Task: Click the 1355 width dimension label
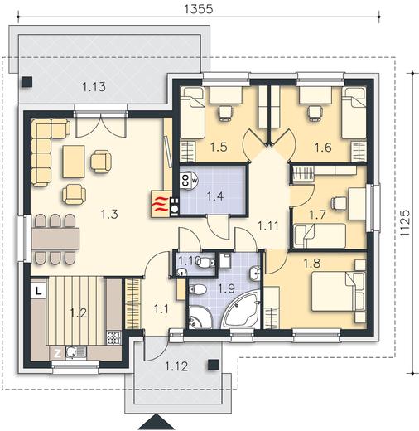(199, 9)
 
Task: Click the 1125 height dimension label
(405, 223)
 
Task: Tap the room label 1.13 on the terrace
(94, 87)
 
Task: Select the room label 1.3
(109, 214)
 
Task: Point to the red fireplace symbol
(161, 205)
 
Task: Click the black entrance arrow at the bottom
(157, 422)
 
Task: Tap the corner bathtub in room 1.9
(243, 310)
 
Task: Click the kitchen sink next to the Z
(71, 352)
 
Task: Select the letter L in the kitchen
(39, 291)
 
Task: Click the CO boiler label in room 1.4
(185, 180)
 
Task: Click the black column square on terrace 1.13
(27, 82)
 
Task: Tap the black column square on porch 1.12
(214, 365)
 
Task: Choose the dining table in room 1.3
(55, 238)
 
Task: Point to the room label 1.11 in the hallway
(268, 226)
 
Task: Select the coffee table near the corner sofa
(74, 162)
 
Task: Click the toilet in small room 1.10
(206, 263)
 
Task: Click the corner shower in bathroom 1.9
(200, 317)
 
